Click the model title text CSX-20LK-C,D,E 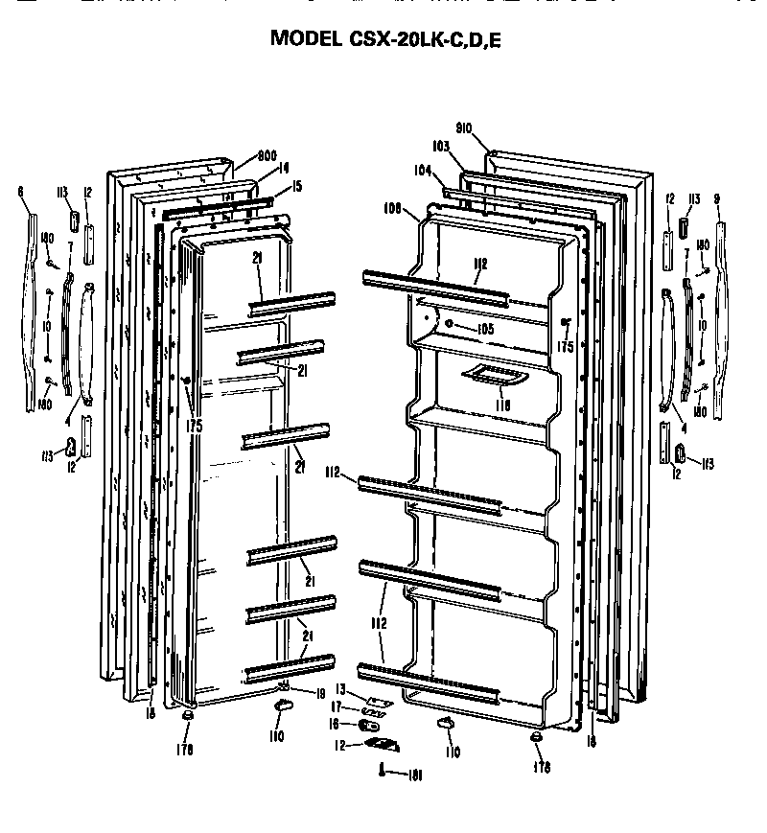383,38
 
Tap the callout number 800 267,155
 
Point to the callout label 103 441,147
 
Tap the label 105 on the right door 484,328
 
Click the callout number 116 502,405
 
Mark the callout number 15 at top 296,186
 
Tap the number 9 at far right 717,198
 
